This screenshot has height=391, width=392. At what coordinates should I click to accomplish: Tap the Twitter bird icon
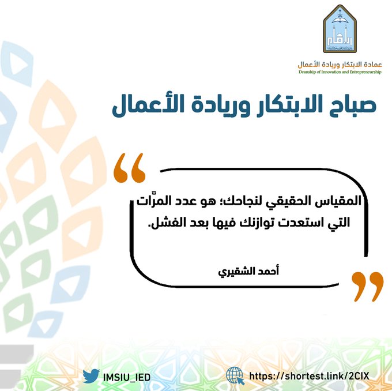91,376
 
